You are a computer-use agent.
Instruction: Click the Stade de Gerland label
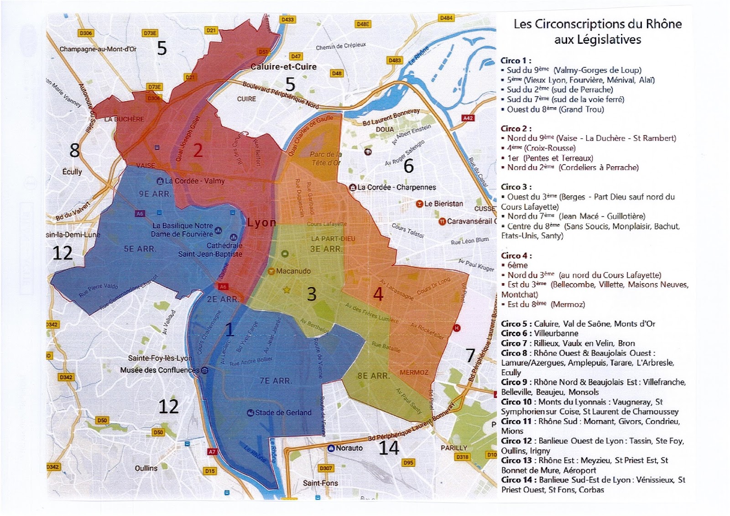pos(282,413)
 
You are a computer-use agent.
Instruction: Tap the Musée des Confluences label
pos(160,370)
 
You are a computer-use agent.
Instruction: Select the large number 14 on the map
pos(389,448)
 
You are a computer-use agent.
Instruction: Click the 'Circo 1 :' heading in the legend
pos(516,60)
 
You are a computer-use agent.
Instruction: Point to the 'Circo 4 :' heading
pos(516,255)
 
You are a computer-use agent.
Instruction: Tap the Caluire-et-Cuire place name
pos(283,67)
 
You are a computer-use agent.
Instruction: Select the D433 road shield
pos(288,20)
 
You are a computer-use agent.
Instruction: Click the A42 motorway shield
pos(468,118)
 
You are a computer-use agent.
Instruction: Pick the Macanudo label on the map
pos(293,271)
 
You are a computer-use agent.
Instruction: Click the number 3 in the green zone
pos(312,294)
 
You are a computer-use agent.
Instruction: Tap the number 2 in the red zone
pos(198,150)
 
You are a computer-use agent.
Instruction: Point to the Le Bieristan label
pos(443,204)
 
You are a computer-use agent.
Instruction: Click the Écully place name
pos(72,172)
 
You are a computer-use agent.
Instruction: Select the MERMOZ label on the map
pos(414,372)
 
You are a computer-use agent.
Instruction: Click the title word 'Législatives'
pos(597,40)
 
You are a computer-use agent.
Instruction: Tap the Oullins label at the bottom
pos(146,468)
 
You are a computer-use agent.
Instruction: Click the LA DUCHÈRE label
pos(124,119)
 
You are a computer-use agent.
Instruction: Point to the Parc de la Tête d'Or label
pos(325,158)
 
